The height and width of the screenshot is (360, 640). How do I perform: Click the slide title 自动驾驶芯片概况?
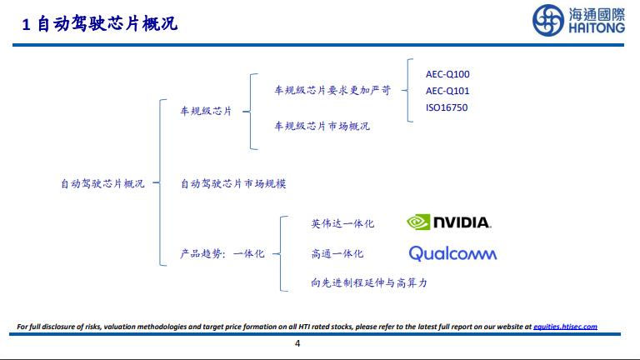107,26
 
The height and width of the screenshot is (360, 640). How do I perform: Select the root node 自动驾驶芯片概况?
102,183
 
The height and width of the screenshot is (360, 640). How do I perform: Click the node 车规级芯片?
206,111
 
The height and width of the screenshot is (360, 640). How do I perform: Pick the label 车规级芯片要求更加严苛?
332,90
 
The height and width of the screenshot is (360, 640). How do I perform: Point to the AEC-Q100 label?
447,74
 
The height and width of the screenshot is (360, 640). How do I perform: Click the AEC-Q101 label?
447,91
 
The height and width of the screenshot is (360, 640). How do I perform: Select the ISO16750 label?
447,107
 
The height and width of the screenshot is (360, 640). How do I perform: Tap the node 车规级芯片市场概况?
322,126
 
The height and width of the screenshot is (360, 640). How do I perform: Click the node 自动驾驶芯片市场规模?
238,183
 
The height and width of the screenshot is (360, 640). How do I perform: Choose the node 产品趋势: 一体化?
222,253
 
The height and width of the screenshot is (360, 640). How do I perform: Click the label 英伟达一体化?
342,223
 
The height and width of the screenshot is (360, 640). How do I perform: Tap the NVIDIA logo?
448,222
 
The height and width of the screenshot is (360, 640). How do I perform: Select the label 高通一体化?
337,253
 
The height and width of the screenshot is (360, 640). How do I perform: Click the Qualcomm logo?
452,253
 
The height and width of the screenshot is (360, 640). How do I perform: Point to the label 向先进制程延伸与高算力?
368,283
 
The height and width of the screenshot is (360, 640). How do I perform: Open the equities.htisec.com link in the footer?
566,327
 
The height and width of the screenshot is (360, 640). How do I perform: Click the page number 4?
297,343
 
